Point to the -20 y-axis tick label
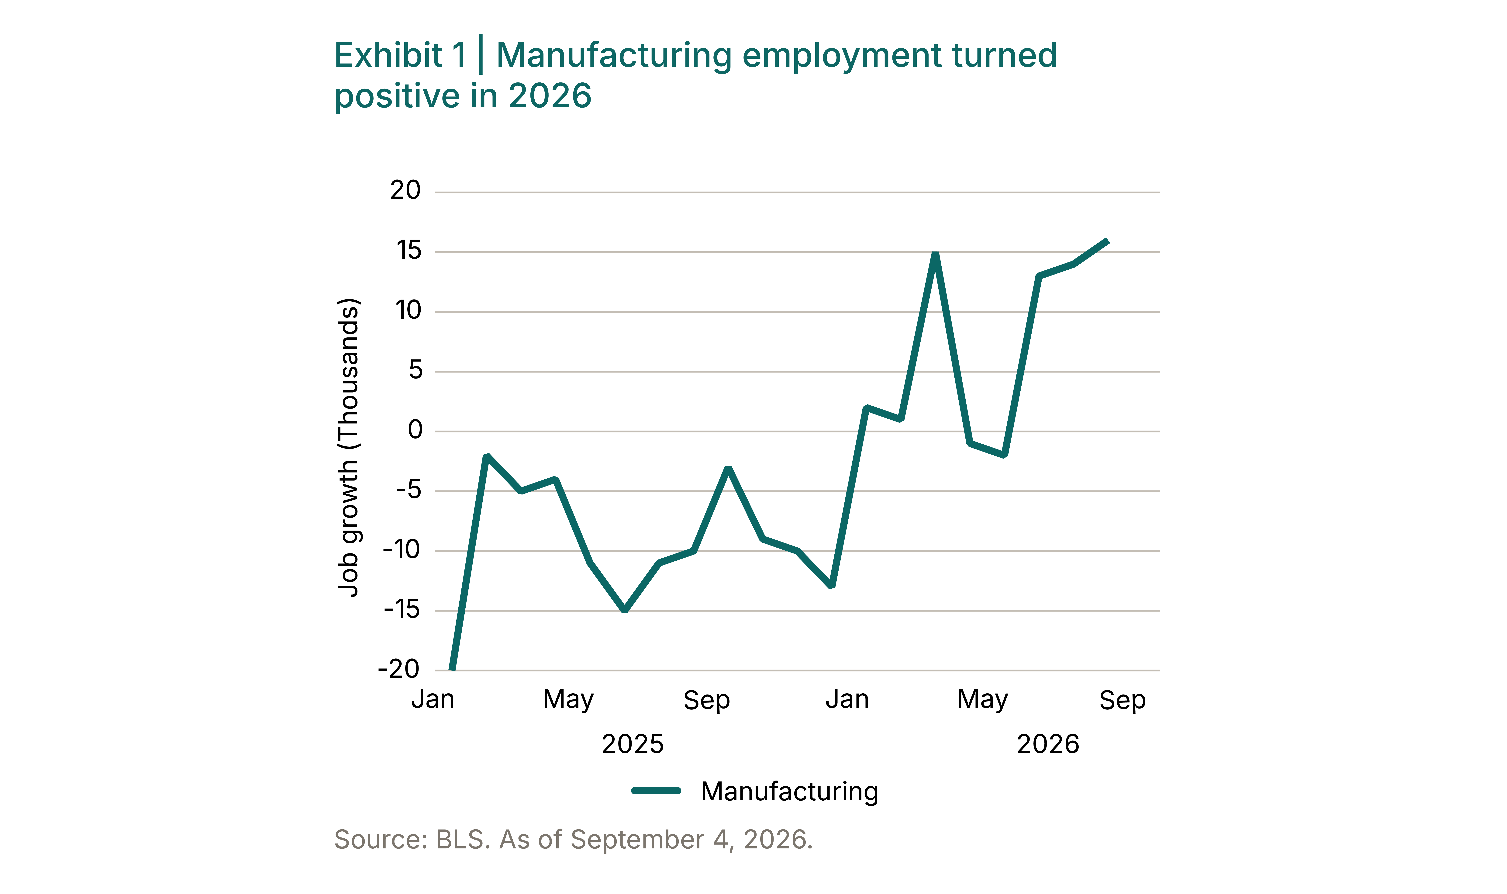click(x=398, y=669)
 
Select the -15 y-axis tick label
click(x=402, y=610)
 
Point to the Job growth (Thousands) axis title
click(x=349, y=448)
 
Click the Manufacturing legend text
click(x=789, y=792)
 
